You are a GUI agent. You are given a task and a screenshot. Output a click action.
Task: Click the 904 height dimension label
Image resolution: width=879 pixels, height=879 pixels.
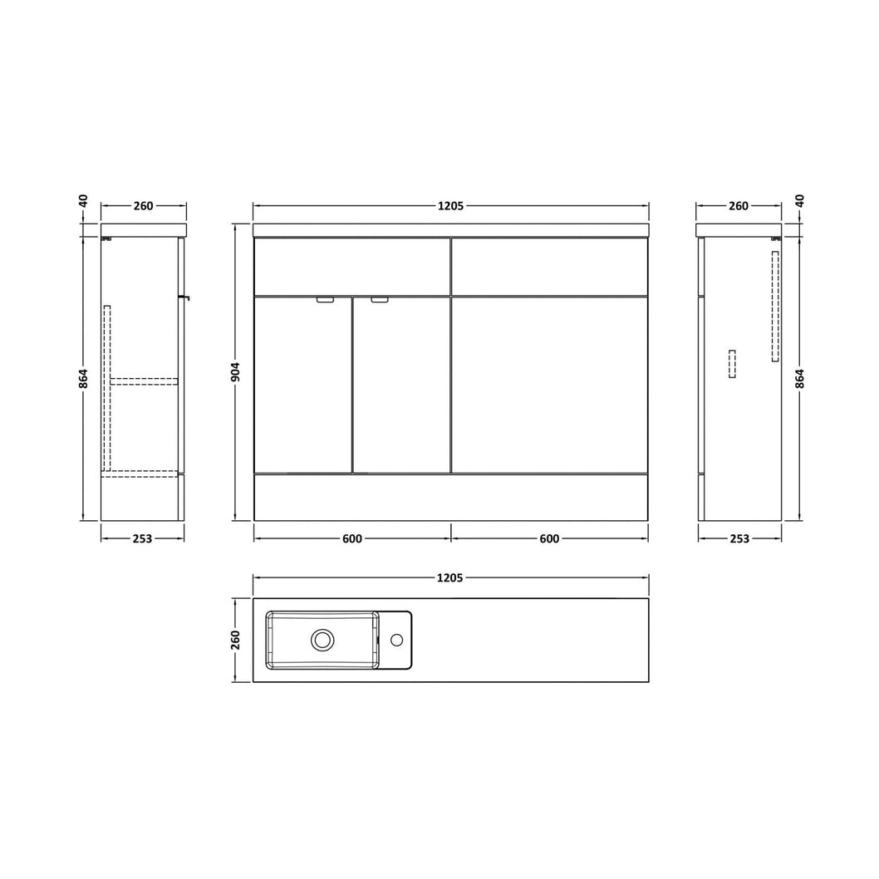click(x=236, y=372)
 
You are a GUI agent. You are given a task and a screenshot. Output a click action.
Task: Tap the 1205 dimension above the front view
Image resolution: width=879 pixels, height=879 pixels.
click(x=450, y=206)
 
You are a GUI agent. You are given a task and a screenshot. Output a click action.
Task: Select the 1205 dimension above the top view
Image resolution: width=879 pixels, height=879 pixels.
click(x=450, y=577)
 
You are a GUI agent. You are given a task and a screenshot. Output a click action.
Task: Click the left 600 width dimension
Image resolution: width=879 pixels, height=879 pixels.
click(x=352, y=538)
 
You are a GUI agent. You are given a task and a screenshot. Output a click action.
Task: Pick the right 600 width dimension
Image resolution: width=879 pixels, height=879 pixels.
click(x=549, y=538)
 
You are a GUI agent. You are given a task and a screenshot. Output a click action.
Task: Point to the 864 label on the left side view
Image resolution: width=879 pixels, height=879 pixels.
click(x=83, y=378)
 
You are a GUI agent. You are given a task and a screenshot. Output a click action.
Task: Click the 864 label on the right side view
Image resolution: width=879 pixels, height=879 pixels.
click(x=800, y=378)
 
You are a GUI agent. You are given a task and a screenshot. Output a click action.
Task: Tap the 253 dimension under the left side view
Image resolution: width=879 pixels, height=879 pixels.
click(x=142, y=538)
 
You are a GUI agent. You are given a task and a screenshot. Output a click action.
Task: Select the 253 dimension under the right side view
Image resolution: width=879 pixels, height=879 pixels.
click(x=740, y=538)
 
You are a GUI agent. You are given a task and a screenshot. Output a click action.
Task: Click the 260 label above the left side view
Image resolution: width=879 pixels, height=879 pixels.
click(x=144, y=206)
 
